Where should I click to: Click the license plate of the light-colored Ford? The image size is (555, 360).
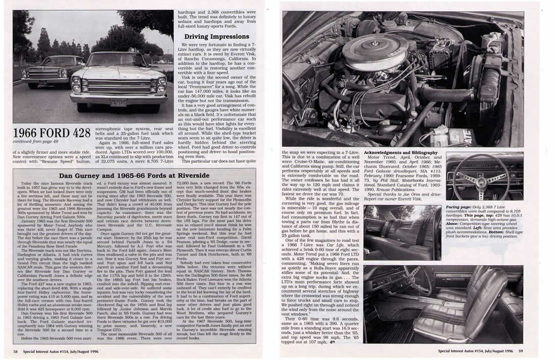pyautogui.click(x=119, y=103)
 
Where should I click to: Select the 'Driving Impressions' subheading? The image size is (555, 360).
pyautogui.click(x=216, y=37)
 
